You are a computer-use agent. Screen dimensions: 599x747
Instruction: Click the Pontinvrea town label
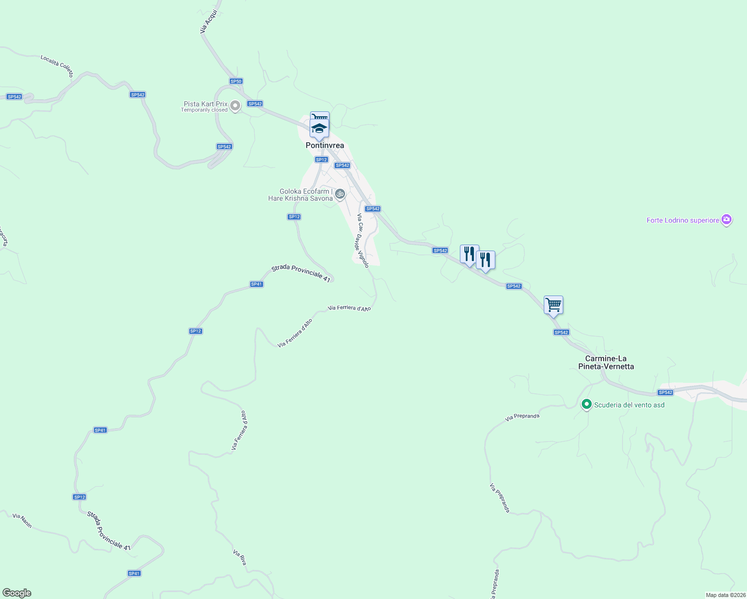pos(325,145)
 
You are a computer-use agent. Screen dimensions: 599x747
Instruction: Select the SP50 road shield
pos(236,81)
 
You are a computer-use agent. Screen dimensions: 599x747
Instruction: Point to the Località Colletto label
pos(57,66)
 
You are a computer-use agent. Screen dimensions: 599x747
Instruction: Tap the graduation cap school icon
pos(320,129)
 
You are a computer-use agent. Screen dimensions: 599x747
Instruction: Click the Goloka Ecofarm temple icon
pos(340,194)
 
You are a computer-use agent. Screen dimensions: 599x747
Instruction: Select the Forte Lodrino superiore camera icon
pos(727,220)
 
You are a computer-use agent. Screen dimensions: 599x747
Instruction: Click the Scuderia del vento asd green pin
pos(587,404)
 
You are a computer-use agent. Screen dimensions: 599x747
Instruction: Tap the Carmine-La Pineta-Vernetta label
pos(606,362)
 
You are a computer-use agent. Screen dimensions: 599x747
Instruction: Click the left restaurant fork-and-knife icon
pos(469,254)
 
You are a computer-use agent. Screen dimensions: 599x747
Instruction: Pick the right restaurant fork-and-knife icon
pos(485,260)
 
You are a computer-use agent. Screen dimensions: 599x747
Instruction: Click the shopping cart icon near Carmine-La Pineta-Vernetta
pos(553,304)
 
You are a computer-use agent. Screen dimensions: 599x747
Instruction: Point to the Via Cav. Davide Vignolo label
pos(363,241)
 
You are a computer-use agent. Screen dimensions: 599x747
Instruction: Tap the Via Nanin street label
pos(22,521)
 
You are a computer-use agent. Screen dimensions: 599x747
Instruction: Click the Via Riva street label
pos(240,558)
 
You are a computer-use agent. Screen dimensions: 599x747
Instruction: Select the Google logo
pos(17,593)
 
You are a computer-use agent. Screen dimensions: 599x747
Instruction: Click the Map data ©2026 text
pos(725,595)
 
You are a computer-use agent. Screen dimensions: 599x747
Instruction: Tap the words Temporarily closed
pos(204,110)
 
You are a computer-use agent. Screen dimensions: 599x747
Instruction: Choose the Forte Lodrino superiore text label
pos(683,220)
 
